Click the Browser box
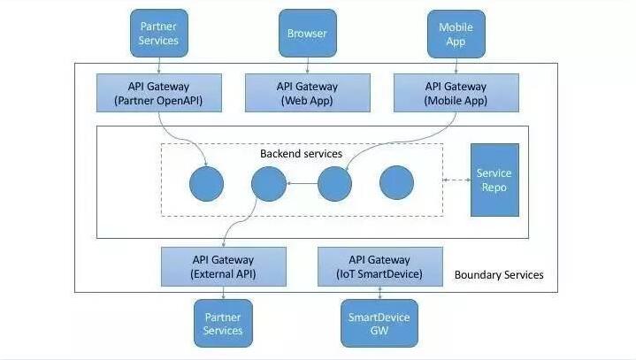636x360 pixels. click(307, 34)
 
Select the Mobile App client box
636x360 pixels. click(456, 34)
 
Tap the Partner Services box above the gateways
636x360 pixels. click(158, 34)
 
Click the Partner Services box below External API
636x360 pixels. click(223, 324)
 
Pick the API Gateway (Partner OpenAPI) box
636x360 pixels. click(158, 93)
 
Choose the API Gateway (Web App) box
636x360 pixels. click(307, 93)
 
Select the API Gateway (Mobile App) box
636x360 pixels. click(456, 93)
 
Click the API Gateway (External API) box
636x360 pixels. click(223, 266)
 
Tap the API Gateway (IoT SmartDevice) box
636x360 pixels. click(379, 266)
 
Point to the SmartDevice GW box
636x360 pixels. click(379, 324)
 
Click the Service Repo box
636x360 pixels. click(494, 180)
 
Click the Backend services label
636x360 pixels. click(301, 154)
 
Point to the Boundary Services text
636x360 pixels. click(499, 275)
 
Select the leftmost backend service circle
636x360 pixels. click(207, 183)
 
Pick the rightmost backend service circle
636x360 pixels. click(396, 183)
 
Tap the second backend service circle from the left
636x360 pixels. click(269, 183)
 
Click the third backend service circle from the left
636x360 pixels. click(334, 183)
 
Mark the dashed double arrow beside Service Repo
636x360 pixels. click(455, 181)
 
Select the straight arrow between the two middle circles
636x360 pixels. click(302, 183)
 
